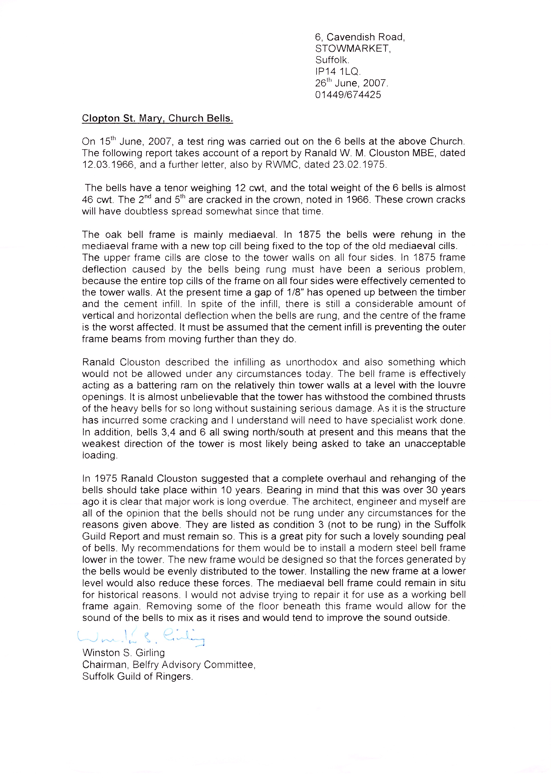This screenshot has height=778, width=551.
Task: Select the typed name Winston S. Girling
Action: click(x=123, y=653)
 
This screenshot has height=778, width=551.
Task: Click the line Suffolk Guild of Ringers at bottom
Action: click(x=137, y=676)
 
